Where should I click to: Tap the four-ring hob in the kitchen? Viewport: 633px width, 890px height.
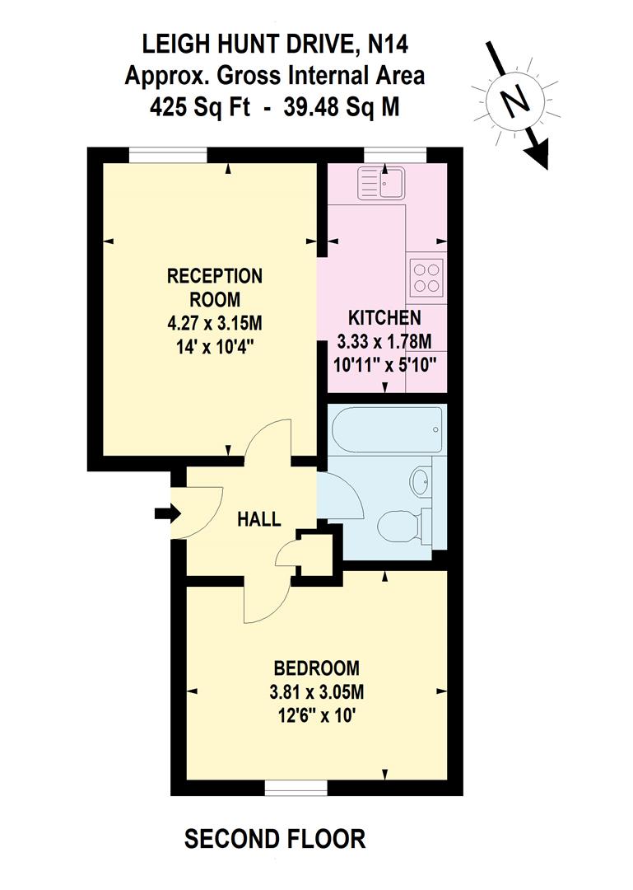(x=426, y=276)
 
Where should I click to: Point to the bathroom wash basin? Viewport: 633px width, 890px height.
(x=421, y=480)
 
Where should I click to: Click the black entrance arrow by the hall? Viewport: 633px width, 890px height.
(x=167, y=513)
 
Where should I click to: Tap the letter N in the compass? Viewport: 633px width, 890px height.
(x=515, y=102)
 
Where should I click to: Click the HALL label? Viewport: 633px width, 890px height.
(x=258, y=520)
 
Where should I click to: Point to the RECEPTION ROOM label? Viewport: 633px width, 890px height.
(x=215, y=286)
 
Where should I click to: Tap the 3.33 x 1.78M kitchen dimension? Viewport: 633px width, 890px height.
(x=386, y=341)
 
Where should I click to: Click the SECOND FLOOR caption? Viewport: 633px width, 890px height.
(x=275, y=839)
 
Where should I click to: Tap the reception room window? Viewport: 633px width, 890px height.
(x=167, y=154)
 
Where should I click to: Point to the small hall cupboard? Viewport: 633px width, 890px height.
(x=316, y=555)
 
